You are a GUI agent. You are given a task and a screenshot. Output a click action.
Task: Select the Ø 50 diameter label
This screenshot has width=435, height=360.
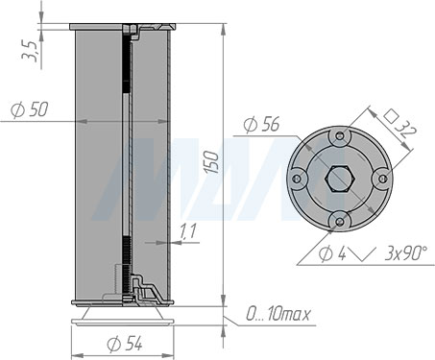[x=30, y=109]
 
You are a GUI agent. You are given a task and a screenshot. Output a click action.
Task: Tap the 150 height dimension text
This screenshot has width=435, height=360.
[x=211, y=162]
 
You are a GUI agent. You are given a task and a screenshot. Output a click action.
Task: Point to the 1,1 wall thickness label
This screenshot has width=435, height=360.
[x=188, y=231]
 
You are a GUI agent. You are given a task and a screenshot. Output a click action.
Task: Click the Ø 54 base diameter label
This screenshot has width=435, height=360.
[x=125, y=344]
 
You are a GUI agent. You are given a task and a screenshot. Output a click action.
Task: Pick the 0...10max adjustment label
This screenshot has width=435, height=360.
[x=278, y=314]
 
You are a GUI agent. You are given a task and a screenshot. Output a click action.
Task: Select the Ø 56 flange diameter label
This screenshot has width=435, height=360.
[x=261, y=124]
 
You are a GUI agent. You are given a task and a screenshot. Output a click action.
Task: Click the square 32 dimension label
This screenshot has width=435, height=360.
[x=400, y=123]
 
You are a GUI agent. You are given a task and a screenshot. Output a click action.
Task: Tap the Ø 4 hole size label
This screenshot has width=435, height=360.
[x=332, y=254]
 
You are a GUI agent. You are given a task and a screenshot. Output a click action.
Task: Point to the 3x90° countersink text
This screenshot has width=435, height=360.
[x=405, y=253]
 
